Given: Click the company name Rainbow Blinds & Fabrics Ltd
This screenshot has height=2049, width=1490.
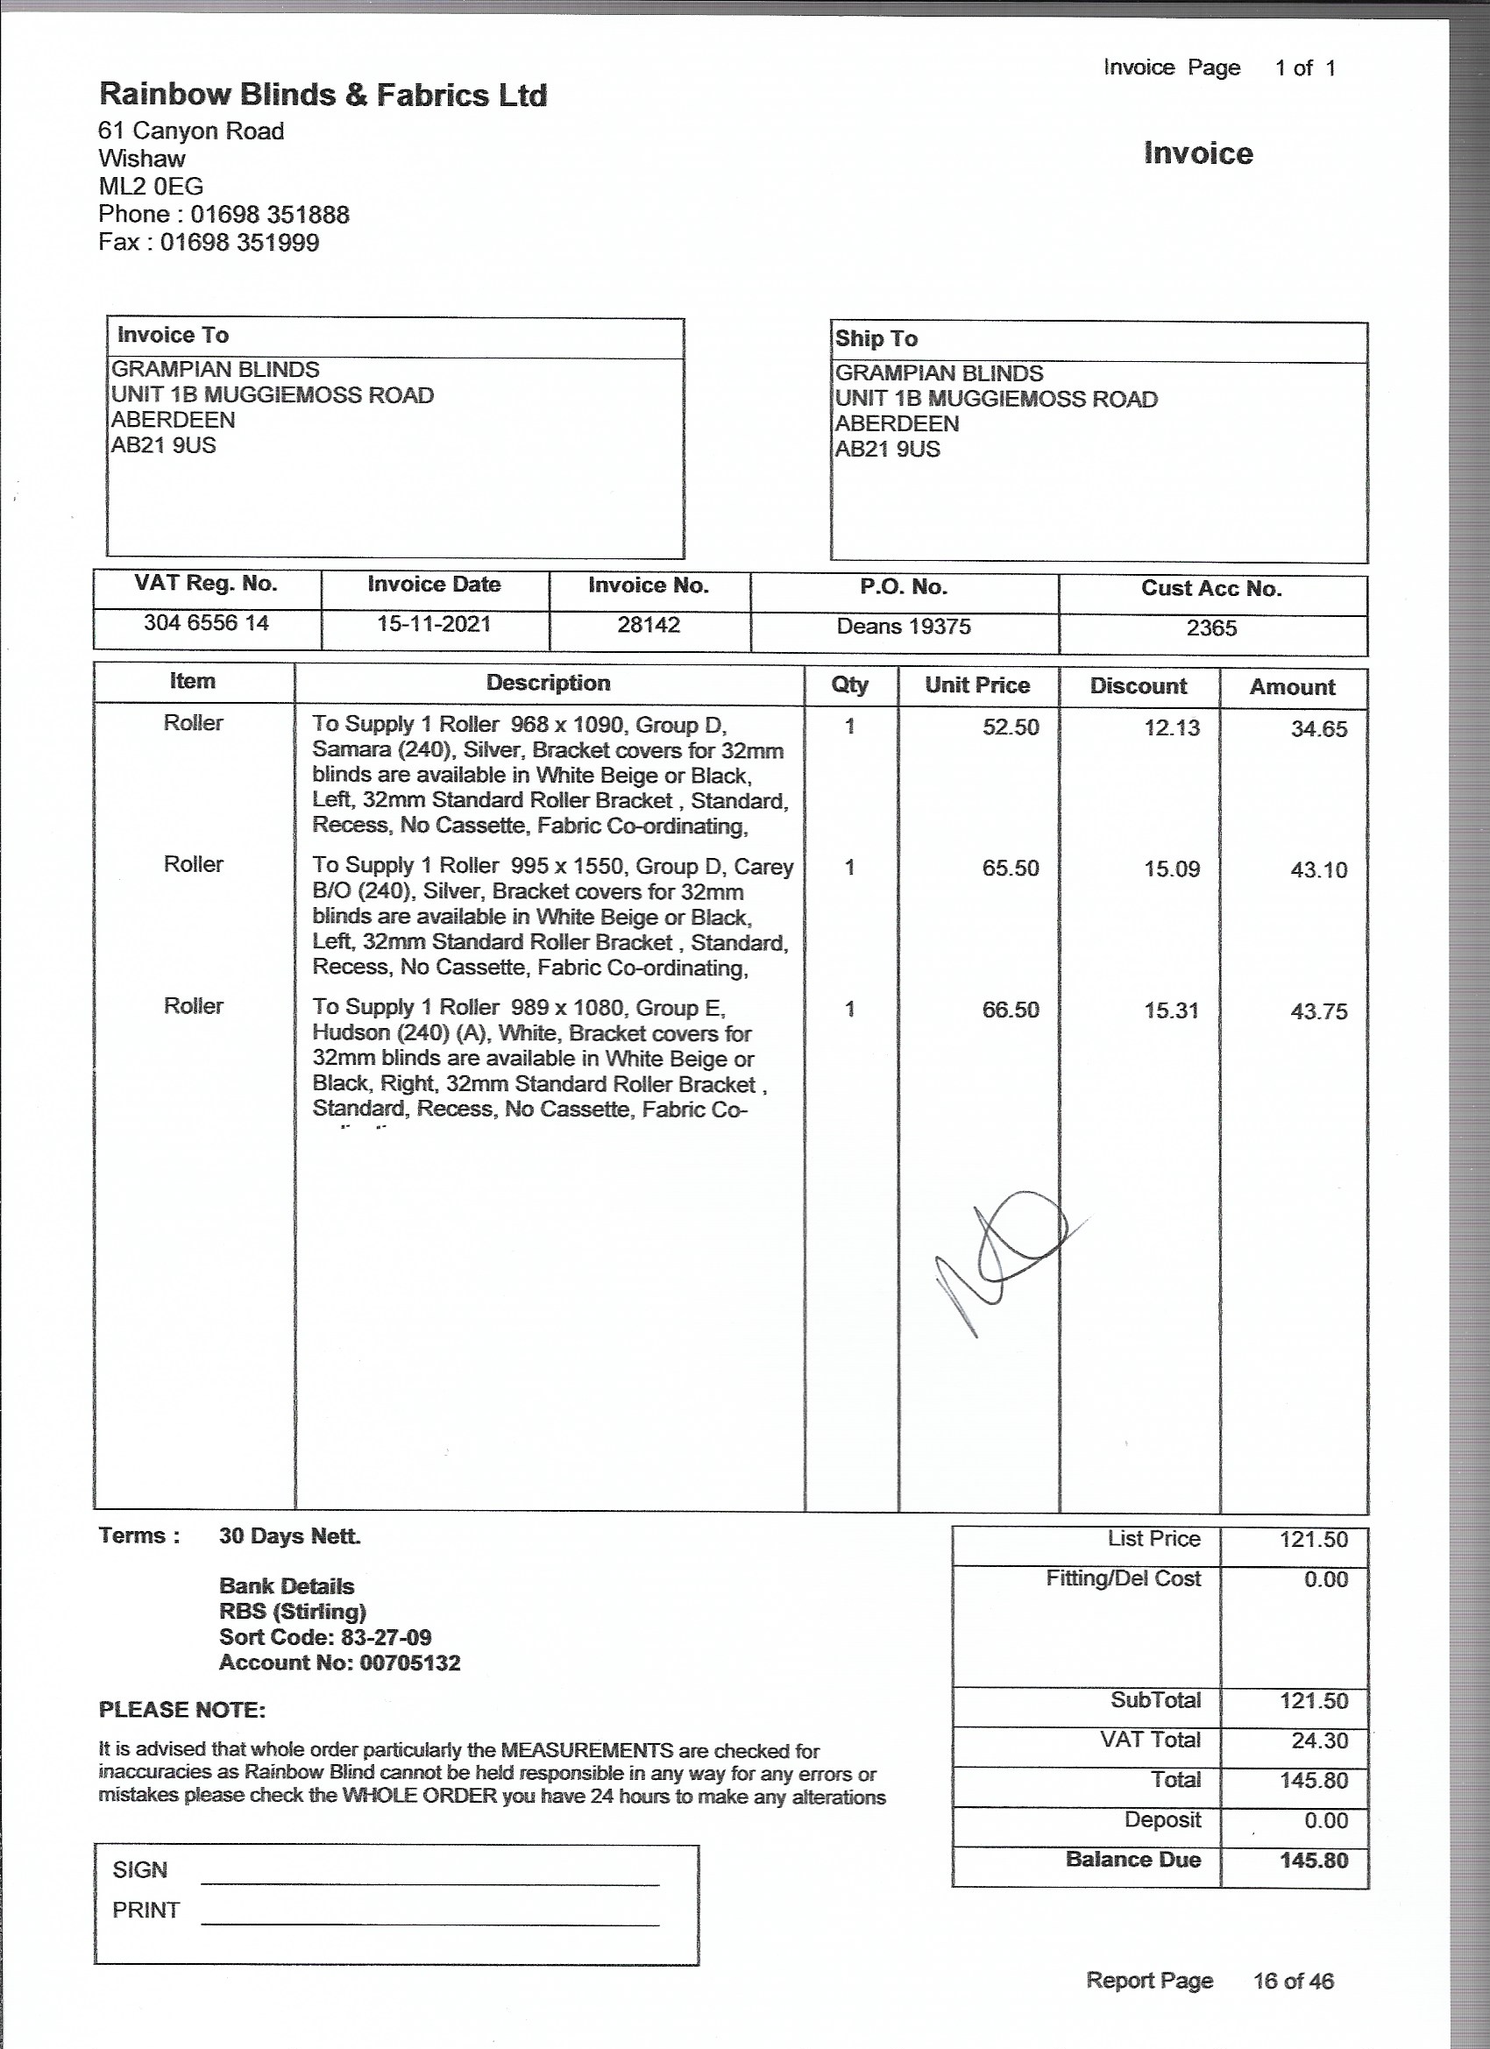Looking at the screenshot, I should click(x=323, y=95).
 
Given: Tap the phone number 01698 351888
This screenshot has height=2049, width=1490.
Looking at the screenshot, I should click(x=269, y=215).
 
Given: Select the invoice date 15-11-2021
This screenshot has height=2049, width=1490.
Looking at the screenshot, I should click(x=434, y=624).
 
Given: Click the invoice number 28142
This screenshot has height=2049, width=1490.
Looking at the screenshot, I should click(x=648, y=625).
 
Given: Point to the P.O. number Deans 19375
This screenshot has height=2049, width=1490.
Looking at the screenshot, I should click(x=904, y=627).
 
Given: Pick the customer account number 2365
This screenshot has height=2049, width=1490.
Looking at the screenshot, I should click(x=1210, y=628).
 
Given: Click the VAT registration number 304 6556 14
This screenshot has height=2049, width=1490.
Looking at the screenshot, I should click(x=206, y=623).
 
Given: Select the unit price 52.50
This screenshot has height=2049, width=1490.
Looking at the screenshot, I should click(x=1011, y=727).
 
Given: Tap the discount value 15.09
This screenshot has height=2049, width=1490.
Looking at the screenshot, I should click(x=1172, y=869).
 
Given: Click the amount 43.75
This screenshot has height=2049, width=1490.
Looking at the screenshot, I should click(x=1318, y=1012).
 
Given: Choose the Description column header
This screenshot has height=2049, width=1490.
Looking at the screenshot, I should click(x=548, y=683).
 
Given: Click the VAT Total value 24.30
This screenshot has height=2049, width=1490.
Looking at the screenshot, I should click(x=1319, y=1741).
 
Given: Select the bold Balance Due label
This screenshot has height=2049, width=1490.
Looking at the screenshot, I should click(x=1133, y=1860).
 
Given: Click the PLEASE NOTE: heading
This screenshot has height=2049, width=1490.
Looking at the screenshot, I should click(x=181, y=1709).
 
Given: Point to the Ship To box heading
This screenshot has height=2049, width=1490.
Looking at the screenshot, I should click(x=876, y=339).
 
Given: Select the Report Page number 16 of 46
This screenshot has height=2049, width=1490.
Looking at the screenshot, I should click(x=1293, y=1982).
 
